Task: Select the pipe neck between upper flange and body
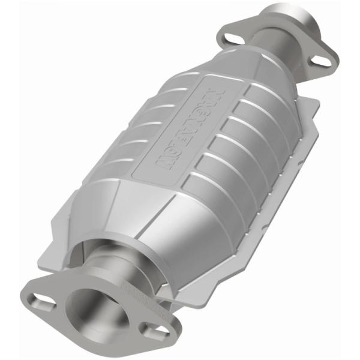click(282, 60)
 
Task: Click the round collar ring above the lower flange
click(105, 252)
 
